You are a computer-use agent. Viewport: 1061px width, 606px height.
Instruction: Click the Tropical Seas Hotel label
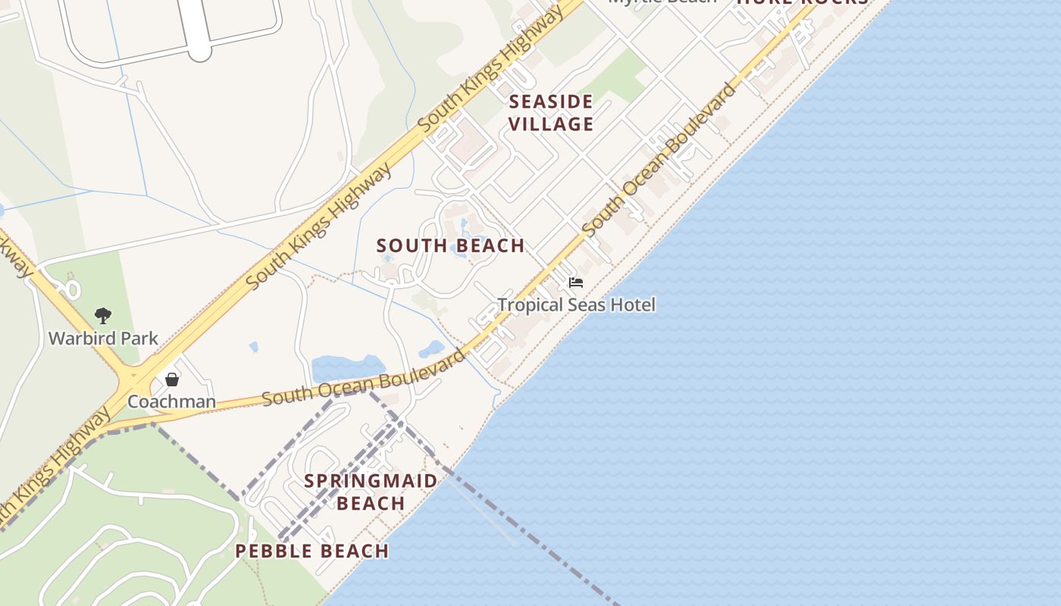click(x=576, y=305)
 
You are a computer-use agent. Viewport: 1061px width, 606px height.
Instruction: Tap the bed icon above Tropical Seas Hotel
click(x=576, y=283)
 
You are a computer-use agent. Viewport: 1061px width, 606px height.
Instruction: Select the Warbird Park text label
click(x=103, y=338)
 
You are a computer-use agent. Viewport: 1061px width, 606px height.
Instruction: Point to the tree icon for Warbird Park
click(x=103, y=315)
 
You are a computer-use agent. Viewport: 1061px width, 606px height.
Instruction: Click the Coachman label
click(x=171, y=401)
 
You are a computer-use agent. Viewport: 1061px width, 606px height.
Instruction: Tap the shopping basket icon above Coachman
click(x=172, y=379)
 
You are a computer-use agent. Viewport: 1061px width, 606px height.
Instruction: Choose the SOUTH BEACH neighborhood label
click(x=450, y=245)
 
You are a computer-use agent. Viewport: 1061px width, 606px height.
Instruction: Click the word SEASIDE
click(x=550, y=102)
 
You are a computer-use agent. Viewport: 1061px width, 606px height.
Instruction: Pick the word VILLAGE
click(x=550, y=124)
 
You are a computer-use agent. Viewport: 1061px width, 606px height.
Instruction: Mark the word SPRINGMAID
click(x=371, y=481)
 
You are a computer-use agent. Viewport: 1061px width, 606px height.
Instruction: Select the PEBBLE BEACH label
click(x=311, y=551)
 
